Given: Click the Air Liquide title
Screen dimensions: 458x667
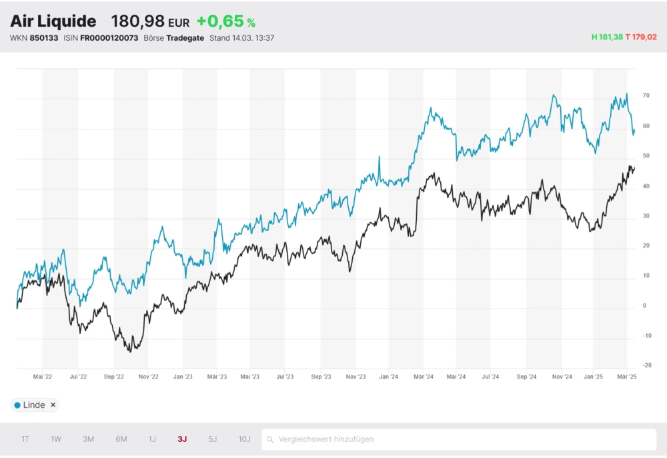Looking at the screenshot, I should pos(53,21).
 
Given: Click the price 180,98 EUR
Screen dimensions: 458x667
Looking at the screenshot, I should pos(150,21).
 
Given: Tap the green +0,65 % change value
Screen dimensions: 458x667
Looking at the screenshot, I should pos(225,21).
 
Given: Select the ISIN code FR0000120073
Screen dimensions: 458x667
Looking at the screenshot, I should pos(109,38).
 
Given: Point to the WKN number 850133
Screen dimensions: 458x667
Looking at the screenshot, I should pos(44,38).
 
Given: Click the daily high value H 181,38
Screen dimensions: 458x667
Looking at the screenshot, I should pos(607,37).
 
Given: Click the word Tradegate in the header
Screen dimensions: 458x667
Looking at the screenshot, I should pos(185,38).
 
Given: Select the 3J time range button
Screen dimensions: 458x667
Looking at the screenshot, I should pos(182,439).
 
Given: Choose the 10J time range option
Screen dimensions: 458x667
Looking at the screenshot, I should pos(244,439).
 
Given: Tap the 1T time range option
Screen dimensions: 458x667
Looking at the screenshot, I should pos(25,439).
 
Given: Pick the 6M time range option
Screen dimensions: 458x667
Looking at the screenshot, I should pos(121,439).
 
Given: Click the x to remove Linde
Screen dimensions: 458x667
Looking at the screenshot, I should pos(53,405).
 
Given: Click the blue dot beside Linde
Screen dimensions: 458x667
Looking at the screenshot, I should pos(17,405).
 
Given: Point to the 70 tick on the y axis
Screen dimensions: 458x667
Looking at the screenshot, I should pos(646,96).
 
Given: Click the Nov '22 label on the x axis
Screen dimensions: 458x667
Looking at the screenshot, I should pos(149,377).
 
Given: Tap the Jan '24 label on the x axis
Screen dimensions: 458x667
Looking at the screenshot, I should pos(389,377).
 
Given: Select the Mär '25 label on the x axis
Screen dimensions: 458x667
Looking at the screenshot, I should pos(627,377).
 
